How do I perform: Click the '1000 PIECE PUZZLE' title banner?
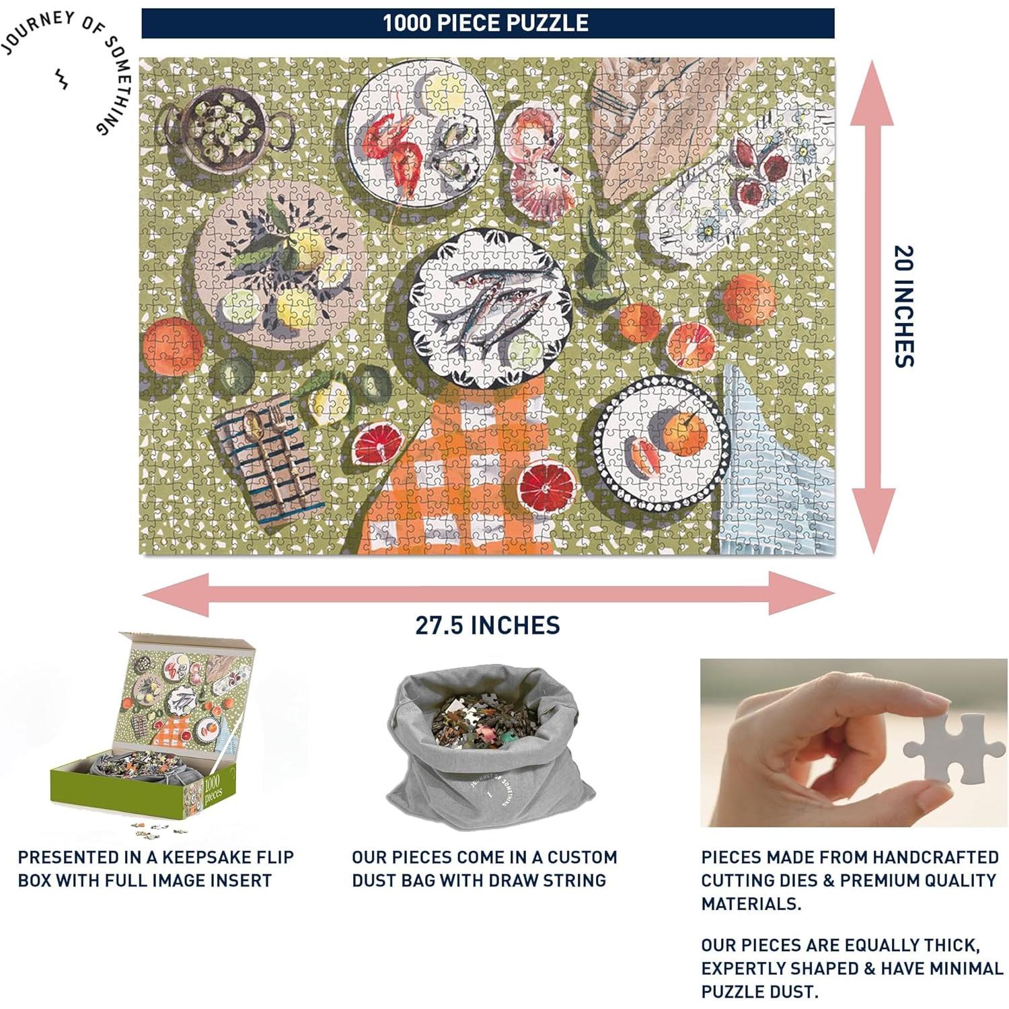click(x=488, y=24)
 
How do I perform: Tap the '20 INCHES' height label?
click(x=904, y=306)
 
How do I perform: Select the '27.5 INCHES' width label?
click(x=488, y=625)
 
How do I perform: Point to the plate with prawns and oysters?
click(x=420, y=133)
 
